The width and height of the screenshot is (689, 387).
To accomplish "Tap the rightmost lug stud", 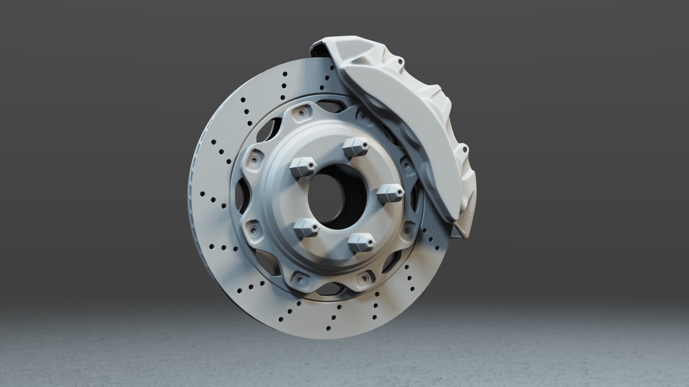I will coord(390,193).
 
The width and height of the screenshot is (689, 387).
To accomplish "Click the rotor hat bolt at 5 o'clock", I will coord(363,278).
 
